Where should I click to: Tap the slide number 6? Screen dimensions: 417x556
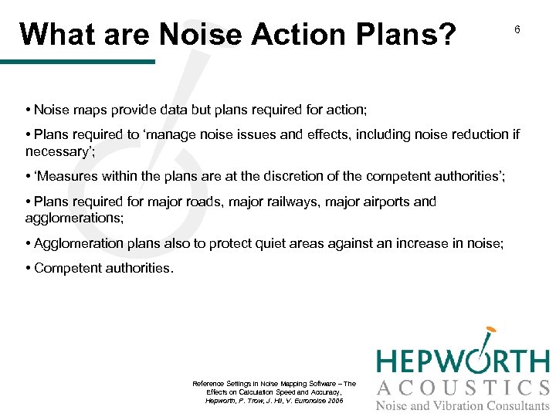(517, 29)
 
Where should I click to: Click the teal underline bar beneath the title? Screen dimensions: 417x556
(77, 61)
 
